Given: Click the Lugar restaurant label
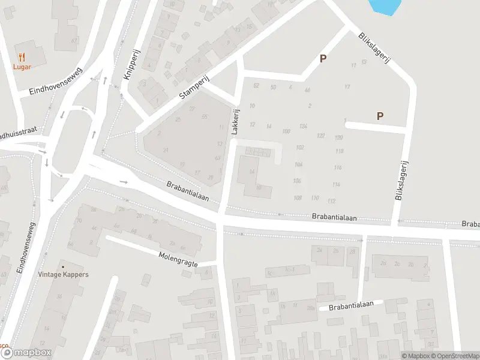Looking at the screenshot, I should tap(22, 67).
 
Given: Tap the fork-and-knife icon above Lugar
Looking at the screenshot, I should tap(22, 57).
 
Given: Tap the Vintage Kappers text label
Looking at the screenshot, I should tap(62, 275).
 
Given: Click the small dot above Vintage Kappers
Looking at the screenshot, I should tap(62, 266).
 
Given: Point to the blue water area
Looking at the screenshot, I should tap(385, 6).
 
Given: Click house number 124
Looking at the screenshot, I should tap(303, 126).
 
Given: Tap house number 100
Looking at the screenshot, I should tap(286, 131).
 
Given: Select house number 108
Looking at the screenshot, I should tap(298, 197).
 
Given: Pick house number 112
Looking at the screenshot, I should tap(331, 200).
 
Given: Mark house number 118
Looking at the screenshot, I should tap(340, 151).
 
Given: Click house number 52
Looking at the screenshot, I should tap(256, 86).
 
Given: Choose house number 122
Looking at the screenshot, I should tap(321, 136).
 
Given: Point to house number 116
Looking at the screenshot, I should tap(338, 167).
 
